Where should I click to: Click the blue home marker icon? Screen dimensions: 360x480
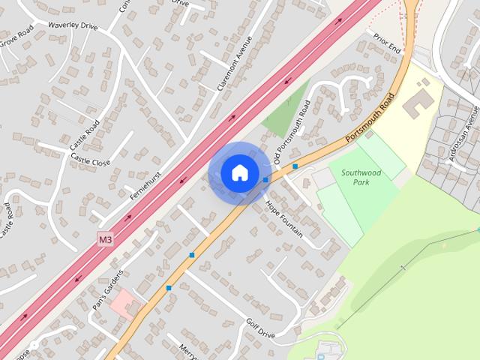(x=238, y=172)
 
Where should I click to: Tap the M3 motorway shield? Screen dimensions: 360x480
(x=106, y=240)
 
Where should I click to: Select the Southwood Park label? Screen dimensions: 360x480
(x=361, y=177)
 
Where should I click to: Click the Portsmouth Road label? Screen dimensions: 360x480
(x=370, y=119)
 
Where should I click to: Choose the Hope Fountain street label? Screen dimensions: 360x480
(x=283, y=218)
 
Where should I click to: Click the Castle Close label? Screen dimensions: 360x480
(x=91, y=162)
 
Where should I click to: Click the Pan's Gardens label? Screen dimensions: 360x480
(x=107, y=287)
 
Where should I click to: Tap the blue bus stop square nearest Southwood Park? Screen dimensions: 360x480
(x=296, y=166)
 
